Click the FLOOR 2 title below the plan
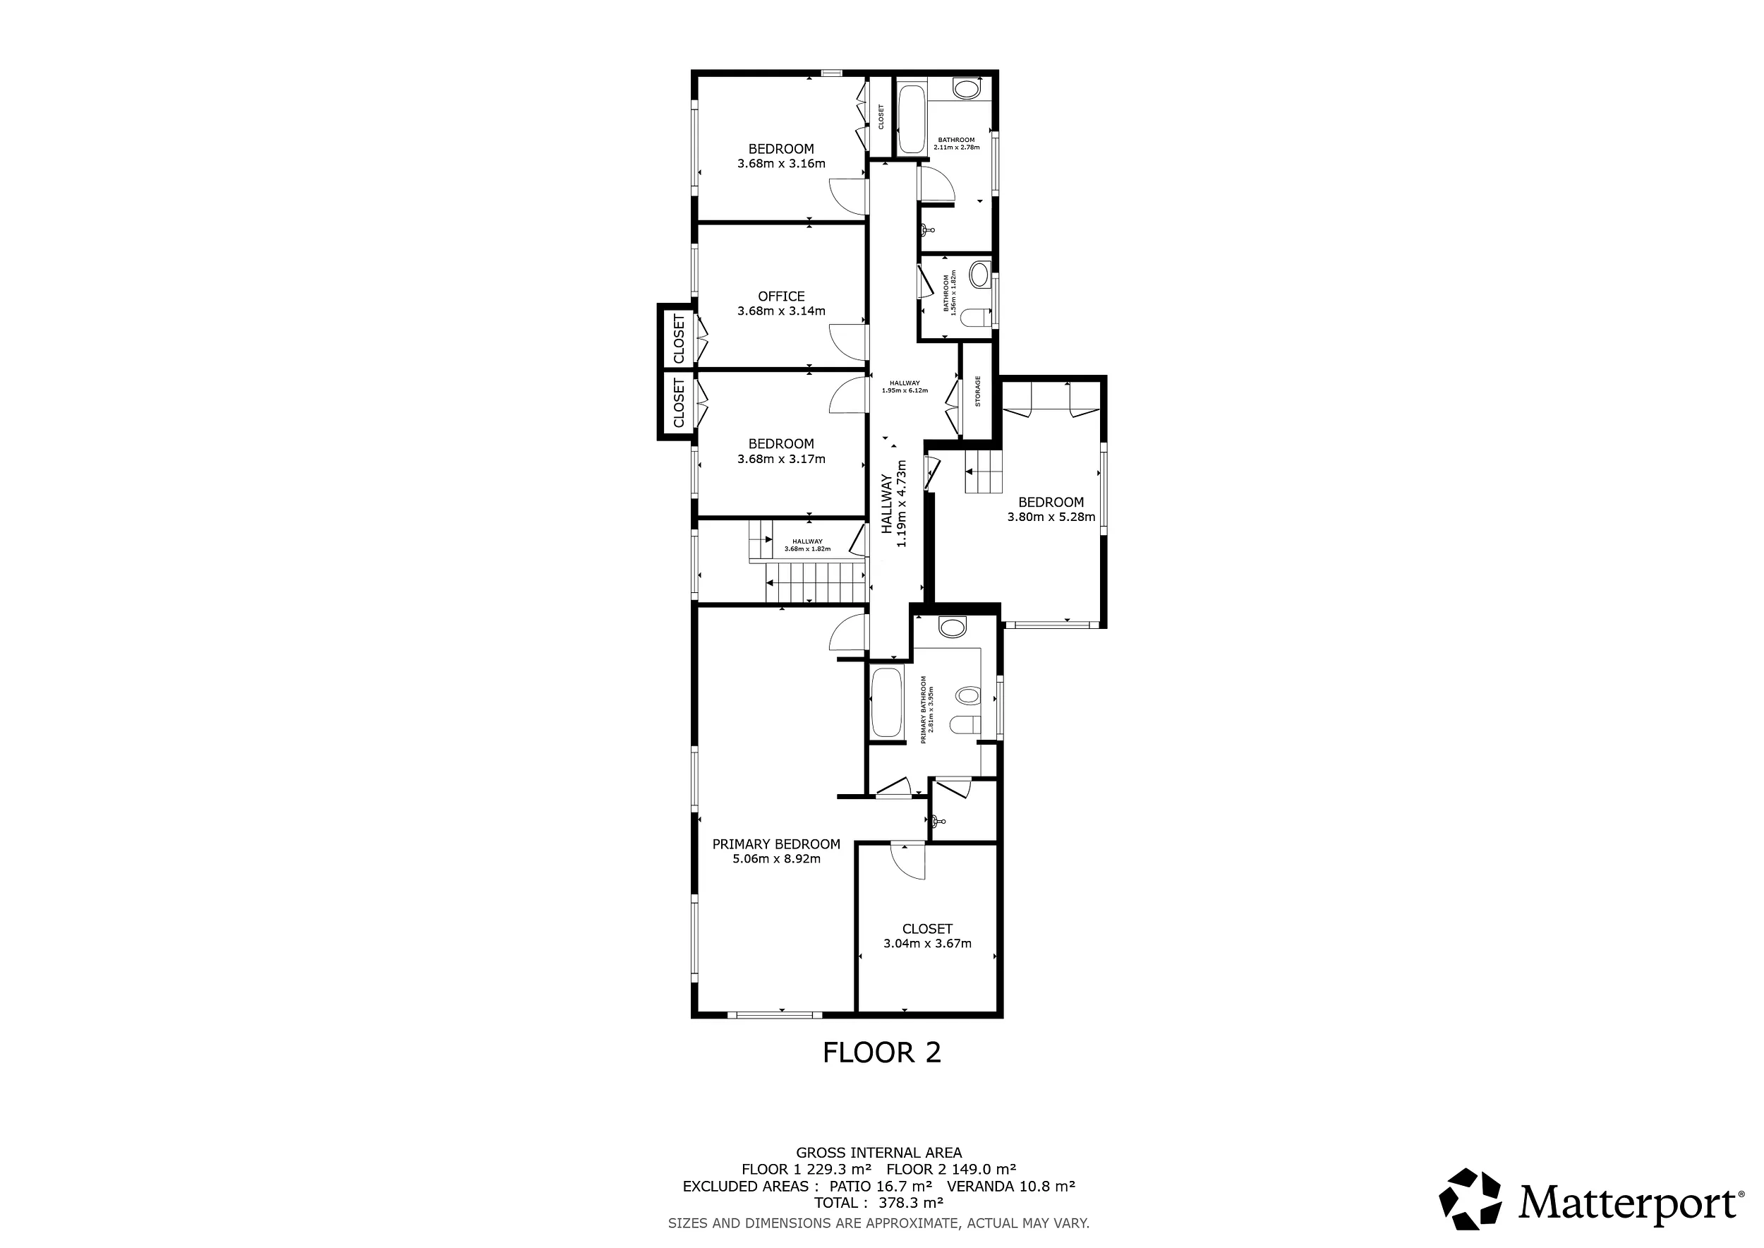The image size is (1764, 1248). coord(881,1052)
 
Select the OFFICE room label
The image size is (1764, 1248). coord(781,296)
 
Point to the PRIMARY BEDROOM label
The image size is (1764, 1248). coord(776,844)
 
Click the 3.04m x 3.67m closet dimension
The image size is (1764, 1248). coord(927,943)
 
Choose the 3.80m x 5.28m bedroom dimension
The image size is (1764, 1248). coord(1051,517)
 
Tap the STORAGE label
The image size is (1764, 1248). coord(978,390)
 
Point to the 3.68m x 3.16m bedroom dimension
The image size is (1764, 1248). coord(781,163)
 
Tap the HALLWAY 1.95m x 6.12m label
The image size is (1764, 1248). coord(905,387)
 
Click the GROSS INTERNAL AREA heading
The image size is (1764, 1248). coord(879,1152)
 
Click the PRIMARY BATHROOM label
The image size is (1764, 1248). coord(927,709)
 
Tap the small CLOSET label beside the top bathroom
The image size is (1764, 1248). coord(881,116)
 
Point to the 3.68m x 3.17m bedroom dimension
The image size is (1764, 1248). coord(781,459)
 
